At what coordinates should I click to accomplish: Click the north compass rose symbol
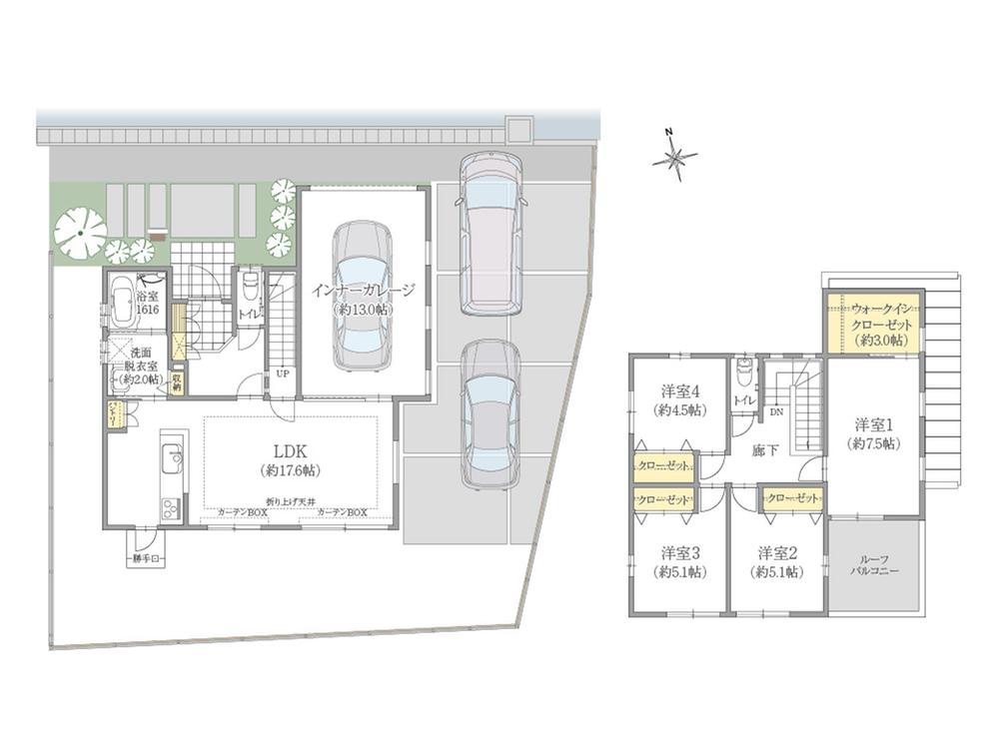pos(675,156)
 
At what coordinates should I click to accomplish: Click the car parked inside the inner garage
pos(363,295)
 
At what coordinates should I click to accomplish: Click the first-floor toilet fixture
pos(248,292)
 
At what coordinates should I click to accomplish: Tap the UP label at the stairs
pos(283,374)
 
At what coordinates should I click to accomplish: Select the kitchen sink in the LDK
pos(171,461)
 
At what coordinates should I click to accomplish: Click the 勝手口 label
pos(146,560)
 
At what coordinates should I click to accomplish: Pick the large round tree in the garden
pos(80,232)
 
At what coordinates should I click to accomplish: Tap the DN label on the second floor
pos(776,410)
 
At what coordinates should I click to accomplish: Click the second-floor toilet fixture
pos(743,376)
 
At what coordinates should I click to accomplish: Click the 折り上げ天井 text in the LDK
pos(292,500)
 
